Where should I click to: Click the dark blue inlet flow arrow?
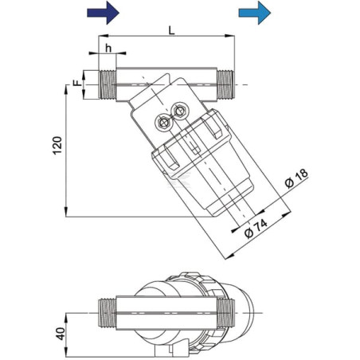pyautogui.click(x=103, y=13)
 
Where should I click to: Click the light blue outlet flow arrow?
pyautogui.click(x=255, y=13)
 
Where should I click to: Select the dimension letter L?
pyautogui.click(x=172, y=31)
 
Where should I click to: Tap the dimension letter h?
pyautogui.click(x=108, y=49)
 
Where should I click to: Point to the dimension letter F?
pyautogui.click(x=77, y=83)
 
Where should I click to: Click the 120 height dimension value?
pyautogui.click(x=57, y=145)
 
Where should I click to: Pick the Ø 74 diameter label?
pyautogui.click(x=256, y=229)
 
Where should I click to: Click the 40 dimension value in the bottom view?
pyautogui.click(x=61, y=334)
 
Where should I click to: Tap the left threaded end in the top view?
pyautogui.click(x=108, y=84)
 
